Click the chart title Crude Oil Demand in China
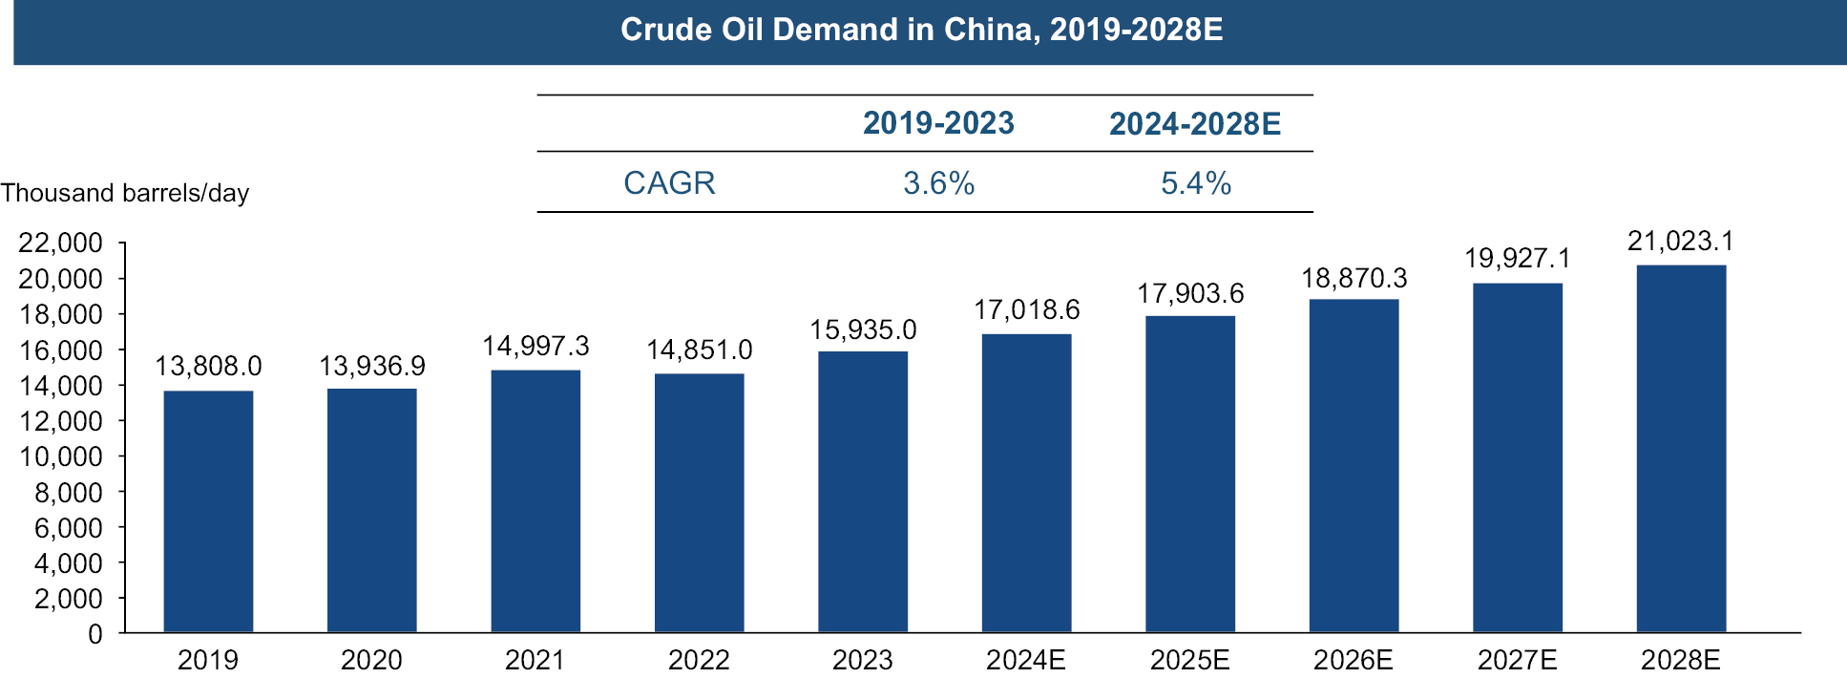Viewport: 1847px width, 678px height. [x=921, y=30]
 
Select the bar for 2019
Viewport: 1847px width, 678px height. [x=208, y=511]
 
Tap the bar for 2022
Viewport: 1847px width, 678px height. [x=699, y=502]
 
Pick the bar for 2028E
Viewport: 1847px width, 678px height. [x=1681, y=448]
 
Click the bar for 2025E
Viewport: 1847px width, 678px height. [x=1190, y=474]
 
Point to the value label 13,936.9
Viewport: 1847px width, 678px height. [x=372, y=366]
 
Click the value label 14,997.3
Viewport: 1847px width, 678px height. [x=535, y=346]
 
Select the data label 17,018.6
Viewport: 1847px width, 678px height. [x=1027, y=309]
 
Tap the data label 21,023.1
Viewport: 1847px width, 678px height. [x=1681, y=241]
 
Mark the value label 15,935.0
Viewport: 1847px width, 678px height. [x=863, y=329]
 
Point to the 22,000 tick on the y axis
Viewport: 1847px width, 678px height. [x=60, y=243]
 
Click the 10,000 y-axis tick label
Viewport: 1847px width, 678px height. [x=60, y=456]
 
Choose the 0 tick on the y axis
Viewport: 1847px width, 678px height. [x=95, y=634]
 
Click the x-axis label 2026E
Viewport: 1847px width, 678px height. [x=1354, y=660]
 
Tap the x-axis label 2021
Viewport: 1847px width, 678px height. [x=535, y=660]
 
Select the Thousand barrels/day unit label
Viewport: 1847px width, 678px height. [x=125, y=193]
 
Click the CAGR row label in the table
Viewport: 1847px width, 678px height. [x=669, y=182]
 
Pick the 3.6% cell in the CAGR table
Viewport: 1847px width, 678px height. [x=939, y=182]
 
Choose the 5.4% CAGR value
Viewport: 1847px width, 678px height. [x=1196, y=182]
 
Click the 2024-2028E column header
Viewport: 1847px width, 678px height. [x=1195, y=124]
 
